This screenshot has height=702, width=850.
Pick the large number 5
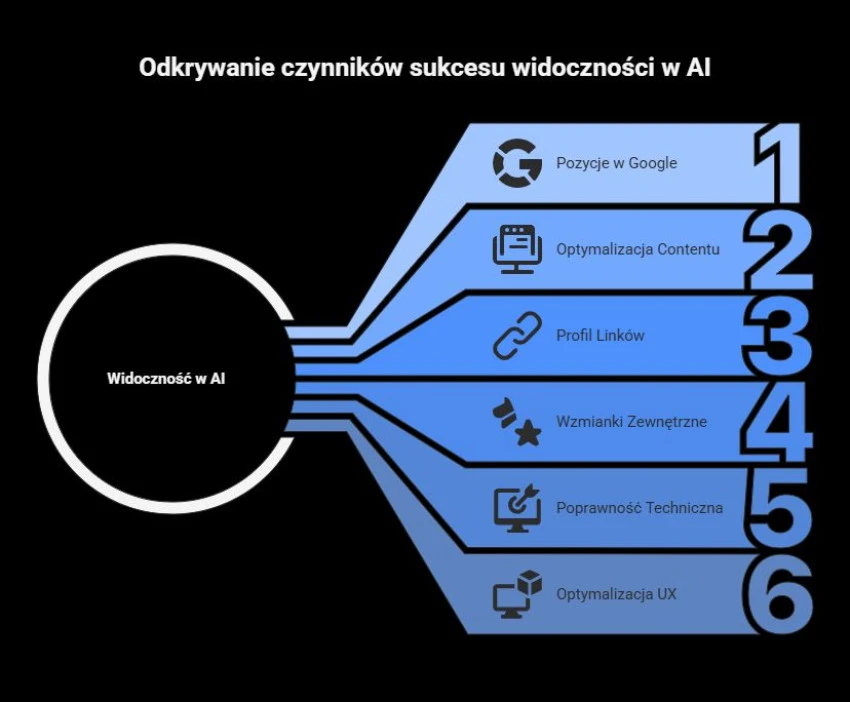click(x=777, y=507)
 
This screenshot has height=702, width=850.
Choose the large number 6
click(x=777, y=593)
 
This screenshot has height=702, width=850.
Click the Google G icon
click(x=517, y=163)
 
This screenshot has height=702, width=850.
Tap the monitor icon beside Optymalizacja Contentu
click(x=517, y=249)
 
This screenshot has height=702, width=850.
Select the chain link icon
click(x=517, y=336)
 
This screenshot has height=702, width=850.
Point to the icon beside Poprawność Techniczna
click(x=517, y=508)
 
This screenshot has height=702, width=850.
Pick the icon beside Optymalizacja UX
click(x=517, y=594)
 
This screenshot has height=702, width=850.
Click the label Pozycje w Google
click(x=616, y=163)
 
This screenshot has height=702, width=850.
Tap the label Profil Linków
click(x=600, y=335)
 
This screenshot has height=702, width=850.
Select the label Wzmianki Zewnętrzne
click(x=631, y=421)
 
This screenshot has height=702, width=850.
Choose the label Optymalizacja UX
click(x=616, y=594)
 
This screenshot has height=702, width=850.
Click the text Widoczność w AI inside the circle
click(x=166, y=379)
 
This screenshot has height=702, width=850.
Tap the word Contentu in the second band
click(x=688, y=249)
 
